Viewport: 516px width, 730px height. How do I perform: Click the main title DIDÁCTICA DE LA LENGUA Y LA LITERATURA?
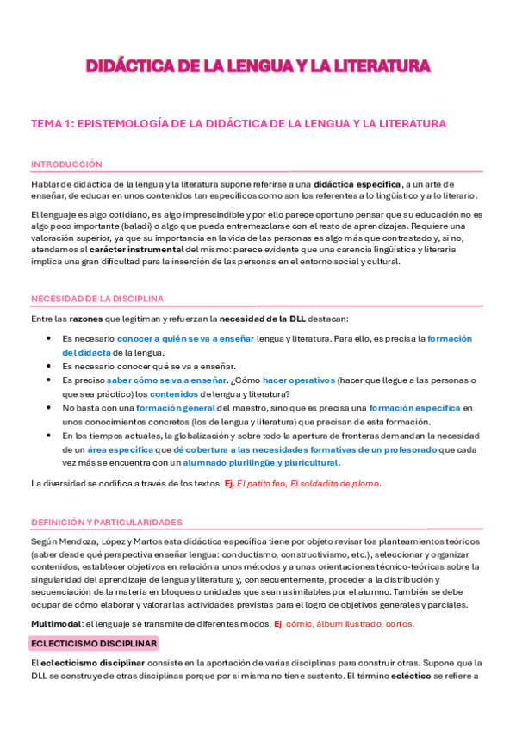[258, 66]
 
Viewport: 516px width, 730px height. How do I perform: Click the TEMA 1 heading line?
[238, 124]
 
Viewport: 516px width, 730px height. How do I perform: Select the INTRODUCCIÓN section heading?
[66, 164]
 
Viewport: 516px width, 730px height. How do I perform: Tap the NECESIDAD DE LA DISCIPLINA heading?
[97, 298]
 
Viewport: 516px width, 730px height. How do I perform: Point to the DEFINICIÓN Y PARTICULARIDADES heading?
[107, 522]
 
